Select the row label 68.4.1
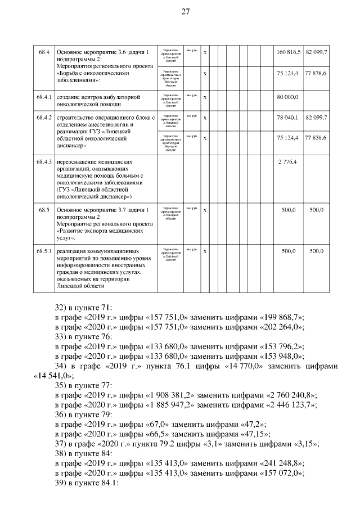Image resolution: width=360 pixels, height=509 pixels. [45, 97]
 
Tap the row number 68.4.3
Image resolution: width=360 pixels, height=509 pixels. [45, 162]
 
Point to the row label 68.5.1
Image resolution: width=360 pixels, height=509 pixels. [45, 250]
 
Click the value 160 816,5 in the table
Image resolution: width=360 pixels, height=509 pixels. [289, 52]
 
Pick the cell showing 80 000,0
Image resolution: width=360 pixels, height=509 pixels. [287, 97]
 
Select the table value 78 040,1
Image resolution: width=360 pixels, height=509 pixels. [287, 117]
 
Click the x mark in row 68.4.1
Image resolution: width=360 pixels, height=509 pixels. [205, 97]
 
